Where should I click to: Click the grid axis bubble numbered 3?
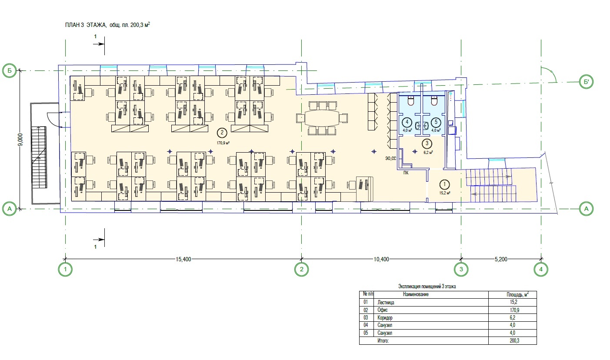pyautogui.click(x=461, y=269)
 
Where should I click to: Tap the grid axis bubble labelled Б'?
pyautogui.click(x=586, y=82)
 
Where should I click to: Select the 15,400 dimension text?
pyautogui.click(x=183, y=259)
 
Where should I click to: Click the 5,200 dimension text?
pyautogui.click(x=501, y=259)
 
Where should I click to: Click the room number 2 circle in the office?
pyautogui.click(x=222, y=133)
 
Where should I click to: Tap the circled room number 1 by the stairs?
pyautogui.click(x=444, y=184)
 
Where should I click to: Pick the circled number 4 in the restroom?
pyautogui.click(x=407, y=122)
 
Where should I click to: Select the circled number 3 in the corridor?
pyautogui.click(x=427, y=143)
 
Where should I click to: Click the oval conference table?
pyautogui.click(x=322, y=118)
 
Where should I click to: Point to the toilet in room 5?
pyautogui.click(x=434, y=100)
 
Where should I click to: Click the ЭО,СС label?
pyautogui.click(x=390, y=159)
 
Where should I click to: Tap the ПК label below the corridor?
pyautogui.click(x=406, y=173)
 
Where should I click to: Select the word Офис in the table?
pyautogui.click(x=383, y=310)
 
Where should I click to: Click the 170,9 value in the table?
pyautogui.click(x=514, y=310)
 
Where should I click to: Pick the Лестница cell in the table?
pyautogui.click(x=386, y=302)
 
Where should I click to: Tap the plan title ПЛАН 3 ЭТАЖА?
pyautogui.click(x=86, y=25)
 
